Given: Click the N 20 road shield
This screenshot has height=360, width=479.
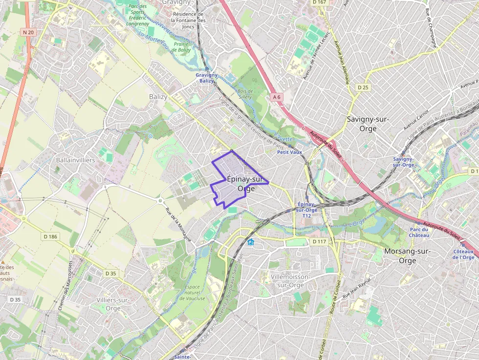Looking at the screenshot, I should [28, 33].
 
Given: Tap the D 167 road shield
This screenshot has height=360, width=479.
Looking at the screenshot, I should [319, 2].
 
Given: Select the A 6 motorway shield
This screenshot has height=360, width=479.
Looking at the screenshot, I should [277, 97].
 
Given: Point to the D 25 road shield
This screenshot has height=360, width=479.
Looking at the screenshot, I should [363, 87].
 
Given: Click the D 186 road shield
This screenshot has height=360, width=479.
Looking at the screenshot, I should [50, 236].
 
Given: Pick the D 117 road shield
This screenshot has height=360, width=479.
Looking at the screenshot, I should [319, 241].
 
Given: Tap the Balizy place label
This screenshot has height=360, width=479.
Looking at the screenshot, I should [158, 97].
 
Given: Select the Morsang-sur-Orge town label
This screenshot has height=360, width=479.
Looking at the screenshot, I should [407, 256].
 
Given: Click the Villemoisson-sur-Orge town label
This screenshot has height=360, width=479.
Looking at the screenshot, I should [290, 281].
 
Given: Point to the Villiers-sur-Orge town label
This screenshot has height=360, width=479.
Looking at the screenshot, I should [113, 304].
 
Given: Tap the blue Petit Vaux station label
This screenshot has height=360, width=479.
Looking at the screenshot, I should [289, 152].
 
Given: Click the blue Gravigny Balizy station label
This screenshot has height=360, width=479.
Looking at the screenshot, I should [207, 78].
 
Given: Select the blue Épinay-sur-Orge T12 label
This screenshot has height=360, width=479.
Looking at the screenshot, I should [306, 210].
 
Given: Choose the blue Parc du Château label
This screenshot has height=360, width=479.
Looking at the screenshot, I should [419, 233].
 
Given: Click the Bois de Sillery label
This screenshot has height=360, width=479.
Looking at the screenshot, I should [244, 94].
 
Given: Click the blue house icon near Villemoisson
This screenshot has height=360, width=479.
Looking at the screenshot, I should [251, 242].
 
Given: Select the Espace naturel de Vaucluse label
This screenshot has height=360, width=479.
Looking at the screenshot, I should [195, 292].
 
